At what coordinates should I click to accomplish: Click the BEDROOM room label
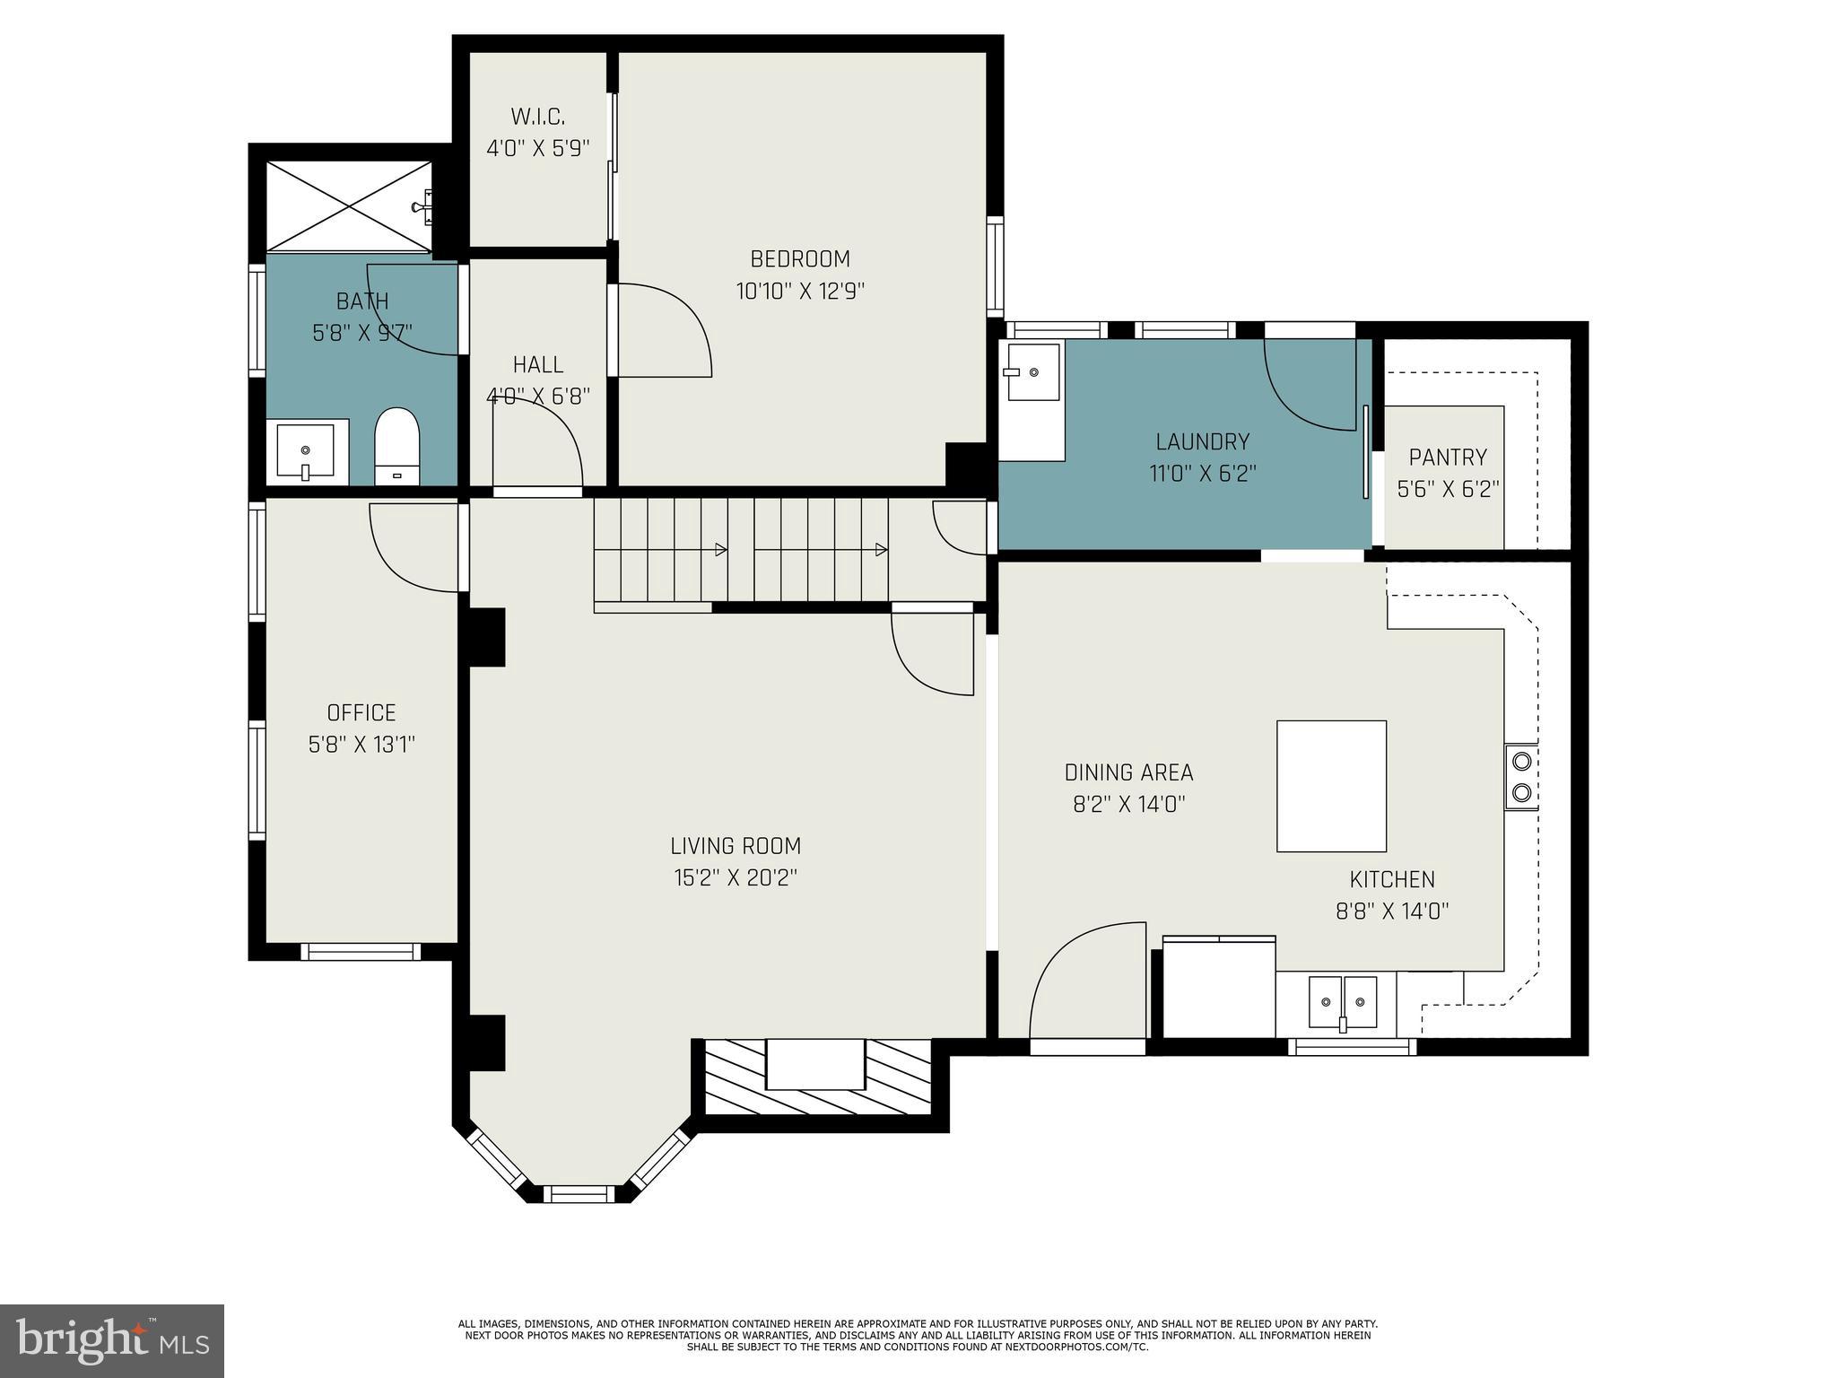coord(800,259)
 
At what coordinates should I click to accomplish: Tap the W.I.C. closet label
coord(538,117)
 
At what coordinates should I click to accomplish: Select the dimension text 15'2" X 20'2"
coord(736,877)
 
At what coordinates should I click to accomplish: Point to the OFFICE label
coord(361,712)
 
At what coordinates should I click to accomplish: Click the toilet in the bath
coord(396,446)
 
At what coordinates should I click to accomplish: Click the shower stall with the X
coord(349,205)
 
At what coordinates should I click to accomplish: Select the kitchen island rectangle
coord(1331,786)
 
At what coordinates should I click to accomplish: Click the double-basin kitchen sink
coord(1343,1001)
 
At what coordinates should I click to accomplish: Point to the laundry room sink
coord(1032,371)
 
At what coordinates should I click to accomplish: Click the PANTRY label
coord(1448,458)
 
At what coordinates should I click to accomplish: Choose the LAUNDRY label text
coord(1202,441)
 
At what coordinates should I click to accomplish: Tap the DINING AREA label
coord(1128,772)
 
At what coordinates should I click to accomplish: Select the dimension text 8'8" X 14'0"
coord(1392,911)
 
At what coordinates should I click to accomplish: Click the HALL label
coord(538,364)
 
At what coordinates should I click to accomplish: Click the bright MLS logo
coord(112,1341)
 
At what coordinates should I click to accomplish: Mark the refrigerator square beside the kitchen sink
coord(1220,987)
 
